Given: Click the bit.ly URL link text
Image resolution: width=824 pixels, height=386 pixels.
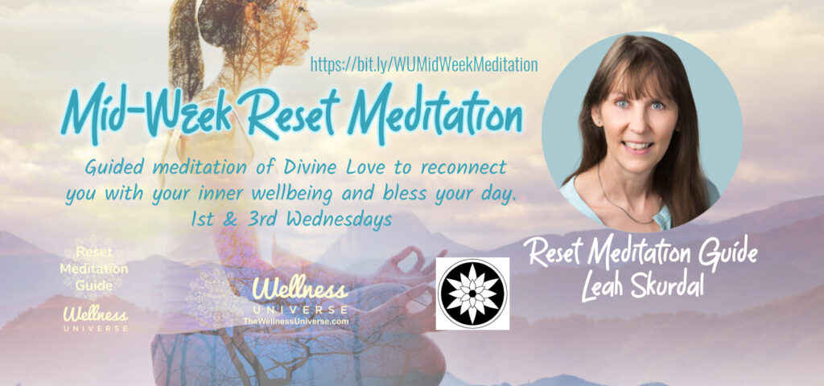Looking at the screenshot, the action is coord(424,64).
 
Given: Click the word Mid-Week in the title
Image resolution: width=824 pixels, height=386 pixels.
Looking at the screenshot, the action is coord(146,116).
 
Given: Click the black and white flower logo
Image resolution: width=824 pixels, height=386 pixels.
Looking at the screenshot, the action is coord(472,294).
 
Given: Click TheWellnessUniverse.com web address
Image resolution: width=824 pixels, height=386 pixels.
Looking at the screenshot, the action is coord(295,321).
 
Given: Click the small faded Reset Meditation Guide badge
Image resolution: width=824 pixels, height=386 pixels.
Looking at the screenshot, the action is coord(94,269).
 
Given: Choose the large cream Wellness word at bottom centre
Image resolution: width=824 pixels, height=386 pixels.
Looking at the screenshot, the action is coord(300,289).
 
